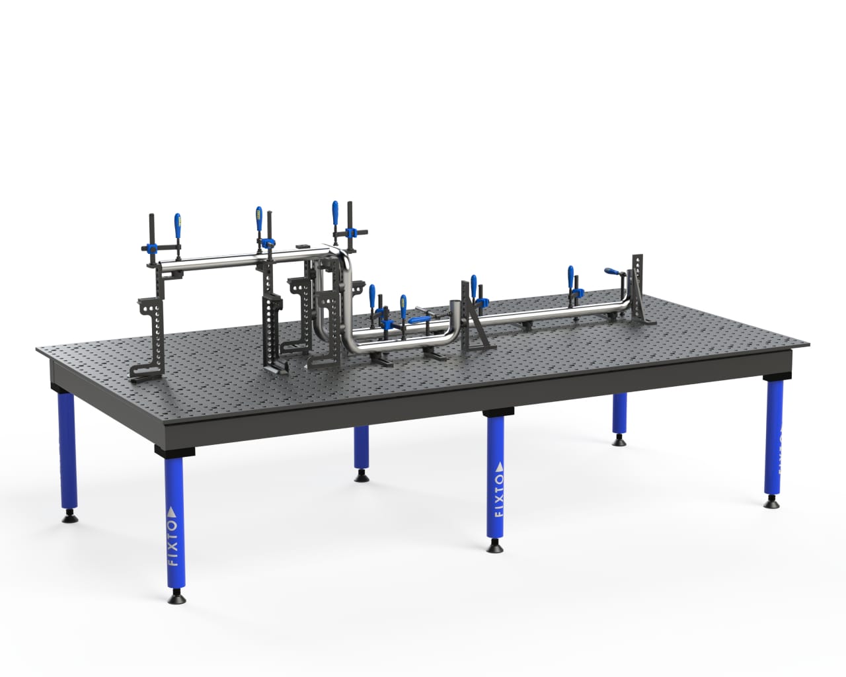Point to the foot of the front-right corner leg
coord(771,504)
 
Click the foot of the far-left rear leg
coord(68,516)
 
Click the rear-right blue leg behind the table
coord(619,416)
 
